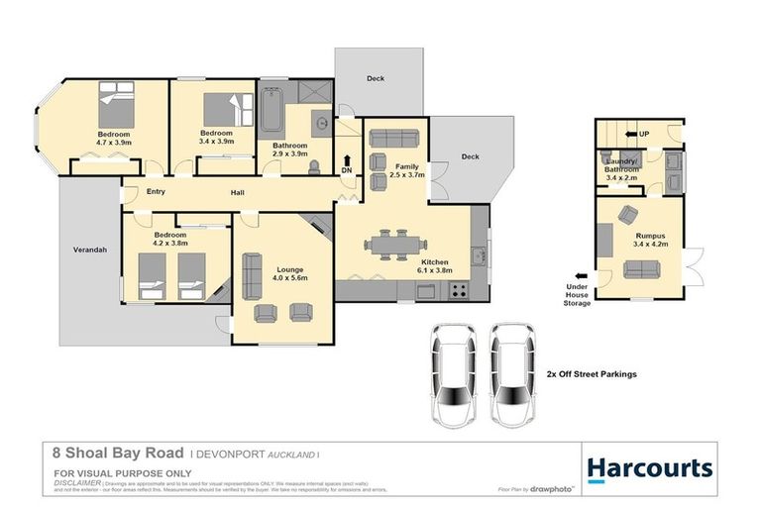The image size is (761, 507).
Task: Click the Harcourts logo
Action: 649,467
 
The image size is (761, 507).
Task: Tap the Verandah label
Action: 89,250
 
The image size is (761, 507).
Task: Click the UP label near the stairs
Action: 644,134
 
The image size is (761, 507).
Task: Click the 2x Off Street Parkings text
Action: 591,374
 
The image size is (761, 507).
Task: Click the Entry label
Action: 156,192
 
